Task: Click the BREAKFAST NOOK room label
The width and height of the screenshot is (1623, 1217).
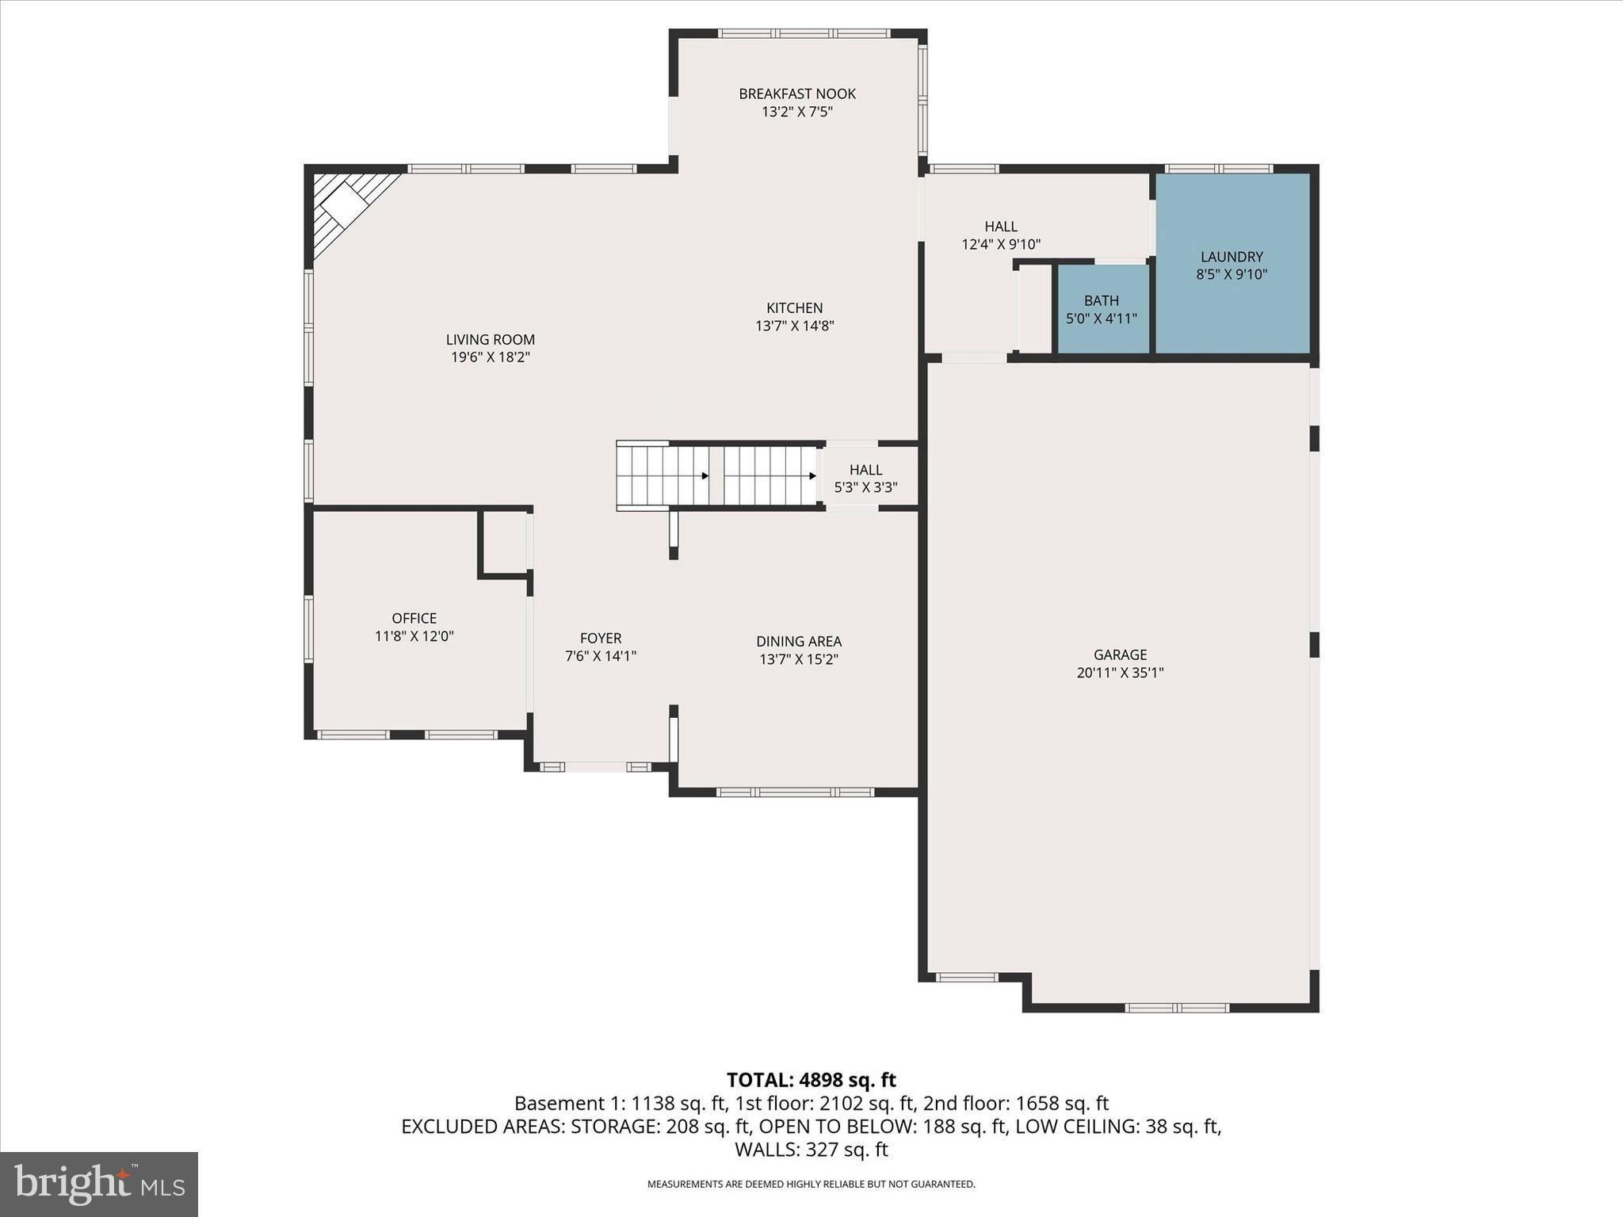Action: coord(797,93)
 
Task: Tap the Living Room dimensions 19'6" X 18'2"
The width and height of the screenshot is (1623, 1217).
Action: coord(490,357)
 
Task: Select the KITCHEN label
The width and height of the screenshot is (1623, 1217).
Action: coord(794,308)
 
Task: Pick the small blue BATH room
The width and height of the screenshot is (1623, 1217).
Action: coord(1102,309)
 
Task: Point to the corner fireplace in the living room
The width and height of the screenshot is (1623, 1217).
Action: coord(346,206)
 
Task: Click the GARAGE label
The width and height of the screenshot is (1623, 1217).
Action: coord(1120,654)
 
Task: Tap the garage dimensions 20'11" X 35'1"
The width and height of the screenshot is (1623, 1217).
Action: coord(1120,673)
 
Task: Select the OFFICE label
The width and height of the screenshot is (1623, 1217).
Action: coord(414,618)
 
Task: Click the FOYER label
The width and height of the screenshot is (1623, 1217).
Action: coord(601,638)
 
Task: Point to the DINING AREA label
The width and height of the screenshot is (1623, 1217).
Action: coord(798,641)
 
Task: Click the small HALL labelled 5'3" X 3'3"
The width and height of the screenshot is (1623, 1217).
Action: coord(865,478)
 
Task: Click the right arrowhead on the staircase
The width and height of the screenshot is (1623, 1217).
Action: coord(812,476)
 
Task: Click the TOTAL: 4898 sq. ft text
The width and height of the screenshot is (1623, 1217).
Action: coord(811,1080)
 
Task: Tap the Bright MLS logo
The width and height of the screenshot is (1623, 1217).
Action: coord(98,1184)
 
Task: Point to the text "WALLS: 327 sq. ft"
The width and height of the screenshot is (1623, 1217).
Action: coord(811,1149)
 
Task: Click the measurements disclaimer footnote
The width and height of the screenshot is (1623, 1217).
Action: coord(811,1185)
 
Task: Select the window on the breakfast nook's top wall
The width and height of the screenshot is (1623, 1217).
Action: coord(804,34)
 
